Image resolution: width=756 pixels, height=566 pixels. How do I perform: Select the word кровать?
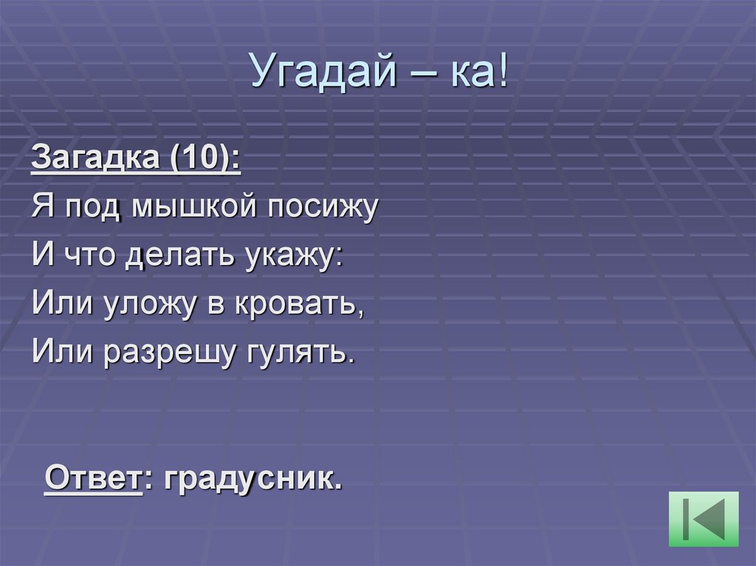pos(298,304)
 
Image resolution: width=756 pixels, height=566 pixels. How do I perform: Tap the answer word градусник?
pos(253,481)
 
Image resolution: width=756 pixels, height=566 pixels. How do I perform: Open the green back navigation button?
pos(704,519)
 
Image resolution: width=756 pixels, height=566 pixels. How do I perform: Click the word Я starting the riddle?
pos(41,207)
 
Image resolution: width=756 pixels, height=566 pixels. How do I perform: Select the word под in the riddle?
pos(92,207)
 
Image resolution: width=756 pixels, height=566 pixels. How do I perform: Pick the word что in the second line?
pos(89,255)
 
